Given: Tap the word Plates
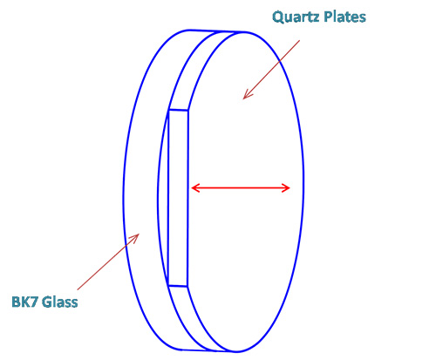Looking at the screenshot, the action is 344,17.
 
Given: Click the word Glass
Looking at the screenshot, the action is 60,302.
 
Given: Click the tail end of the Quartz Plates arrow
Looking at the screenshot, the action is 299,41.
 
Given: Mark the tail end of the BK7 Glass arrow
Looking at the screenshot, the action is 78,289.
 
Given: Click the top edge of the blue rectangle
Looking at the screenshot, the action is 178,110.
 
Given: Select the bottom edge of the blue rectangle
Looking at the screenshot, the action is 178,286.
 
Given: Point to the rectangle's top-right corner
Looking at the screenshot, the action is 187,111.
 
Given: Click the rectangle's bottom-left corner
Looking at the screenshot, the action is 168,286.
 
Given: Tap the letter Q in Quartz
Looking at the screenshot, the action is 278,17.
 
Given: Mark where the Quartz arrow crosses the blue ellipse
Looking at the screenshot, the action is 279,61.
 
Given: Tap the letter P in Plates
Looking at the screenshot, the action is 328,17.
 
